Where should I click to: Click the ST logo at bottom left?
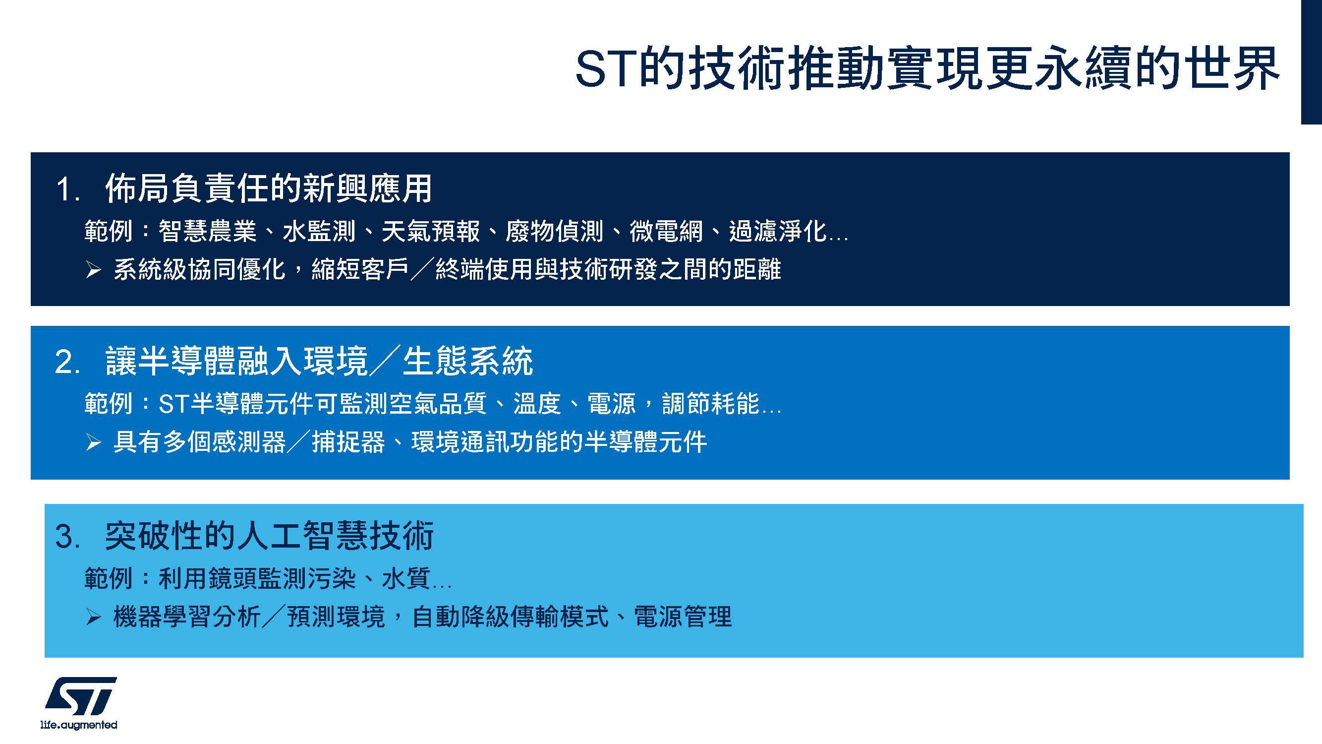80,696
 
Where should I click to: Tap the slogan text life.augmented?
78,725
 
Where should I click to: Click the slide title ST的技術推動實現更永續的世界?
927,68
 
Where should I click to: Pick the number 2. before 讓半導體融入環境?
68,363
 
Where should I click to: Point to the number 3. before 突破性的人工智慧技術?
68,537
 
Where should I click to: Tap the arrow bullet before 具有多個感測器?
93,442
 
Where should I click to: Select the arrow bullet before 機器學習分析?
93,617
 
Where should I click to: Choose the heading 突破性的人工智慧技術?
270,536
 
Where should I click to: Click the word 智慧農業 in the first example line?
207,231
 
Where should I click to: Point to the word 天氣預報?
431,231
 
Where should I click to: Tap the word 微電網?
666,231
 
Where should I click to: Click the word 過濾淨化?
778,231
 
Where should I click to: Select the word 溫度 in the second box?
537,404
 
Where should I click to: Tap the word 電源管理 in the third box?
683,617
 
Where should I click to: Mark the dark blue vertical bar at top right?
1312,62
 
